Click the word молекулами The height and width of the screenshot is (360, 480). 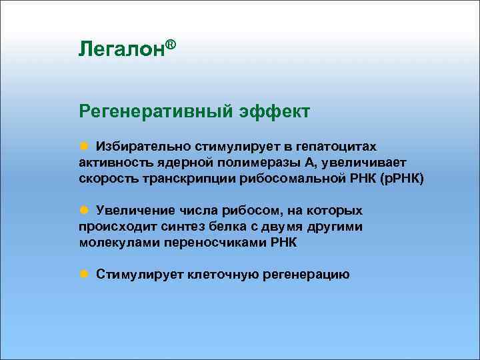(x=116, y=243)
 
